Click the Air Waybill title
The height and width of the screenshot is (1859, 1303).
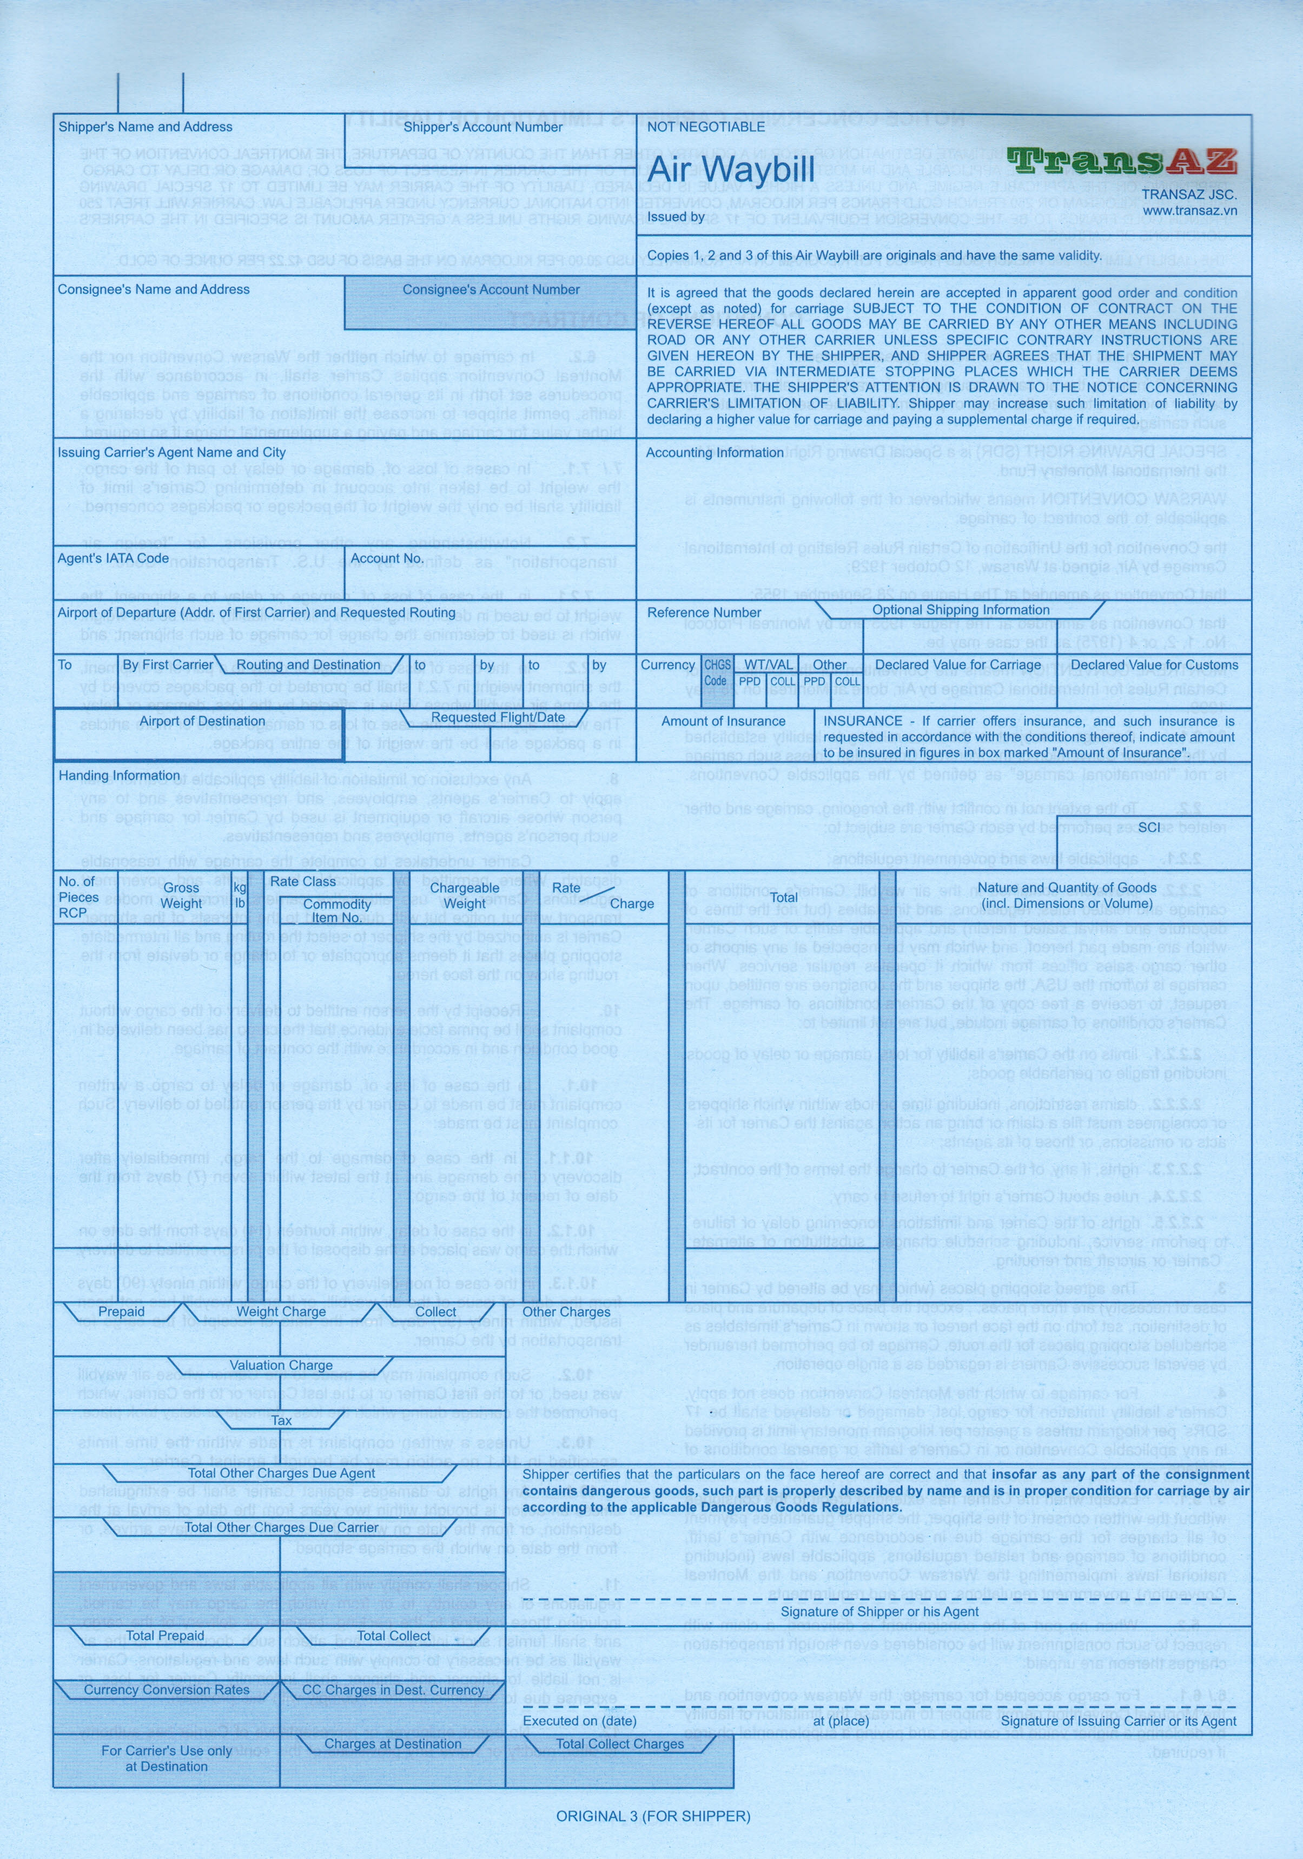730,171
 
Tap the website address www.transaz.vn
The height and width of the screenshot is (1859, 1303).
1189,210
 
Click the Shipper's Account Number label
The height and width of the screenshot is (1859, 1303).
482,127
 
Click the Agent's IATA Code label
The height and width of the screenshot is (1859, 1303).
113,558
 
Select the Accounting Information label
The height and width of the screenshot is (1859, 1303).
714,453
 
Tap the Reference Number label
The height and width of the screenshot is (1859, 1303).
703,612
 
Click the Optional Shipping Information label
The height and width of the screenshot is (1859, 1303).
960,610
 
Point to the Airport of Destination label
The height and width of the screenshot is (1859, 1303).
202,721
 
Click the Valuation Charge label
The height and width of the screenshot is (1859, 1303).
281,1364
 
